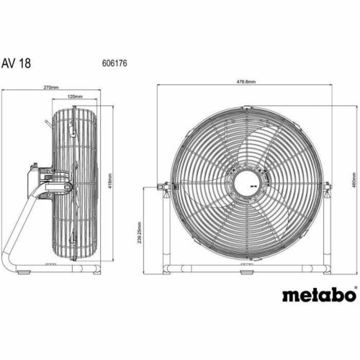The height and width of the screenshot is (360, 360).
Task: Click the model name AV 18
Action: [x=21, y=63]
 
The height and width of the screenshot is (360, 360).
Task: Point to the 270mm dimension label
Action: [x=51, y=87]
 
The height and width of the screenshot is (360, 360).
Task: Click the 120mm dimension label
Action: [x=73, y=96]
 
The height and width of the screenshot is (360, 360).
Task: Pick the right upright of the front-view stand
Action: [x=328, y=230]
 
